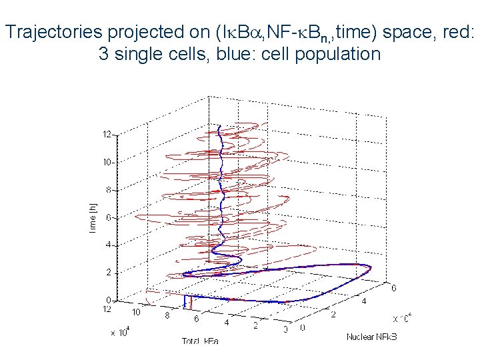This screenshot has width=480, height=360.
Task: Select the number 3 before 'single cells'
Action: (104, 53)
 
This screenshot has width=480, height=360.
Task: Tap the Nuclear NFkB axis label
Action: (371, 337)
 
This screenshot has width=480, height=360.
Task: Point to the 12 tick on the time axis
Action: (107, 134)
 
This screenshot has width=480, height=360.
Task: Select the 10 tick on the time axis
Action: (107, 162)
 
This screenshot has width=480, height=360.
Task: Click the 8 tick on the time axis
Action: (109, 190)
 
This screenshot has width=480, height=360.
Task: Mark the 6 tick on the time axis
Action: (109, 217)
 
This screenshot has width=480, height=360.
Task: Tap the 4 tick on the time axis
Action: (109, 245)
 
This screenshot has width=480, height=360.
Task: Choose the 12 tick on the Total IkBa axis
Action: (106, 308)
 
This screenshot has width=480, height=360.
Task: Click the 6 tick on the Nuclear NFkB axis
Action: (393, 287)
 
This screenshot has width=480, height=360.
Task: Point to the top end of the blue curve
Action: (219, 125)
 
